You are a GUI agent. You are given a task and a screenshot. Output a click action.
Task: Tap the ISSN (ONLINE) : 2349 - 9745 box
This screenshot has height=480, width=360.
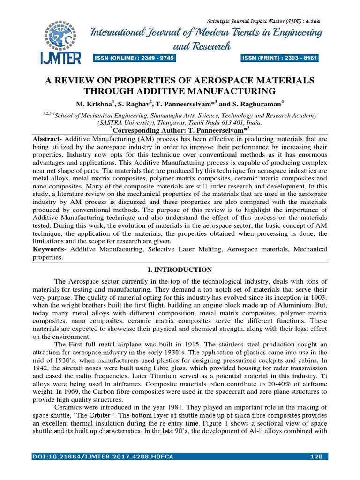(134, 58)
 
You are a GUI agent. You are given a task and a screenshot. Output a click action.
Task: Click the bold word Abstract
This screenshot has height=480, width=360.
(47, 140)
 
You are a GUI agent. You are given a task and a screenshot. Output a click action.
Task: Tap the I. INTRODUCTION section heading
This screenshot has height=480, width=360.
(180, 270)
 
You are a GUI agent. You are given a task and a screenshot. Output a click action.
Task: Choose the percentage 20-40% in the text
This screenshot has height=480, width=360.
(260, 384)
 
